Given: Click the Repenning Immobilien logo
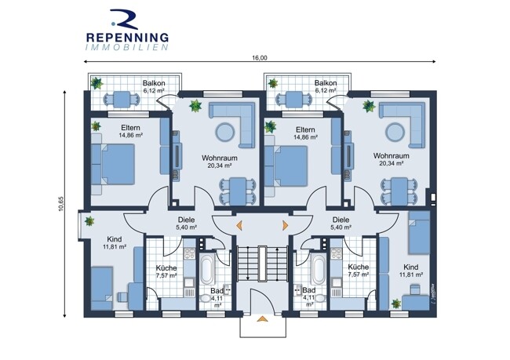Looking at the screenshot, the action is pyautogui.click(x=127, y=30).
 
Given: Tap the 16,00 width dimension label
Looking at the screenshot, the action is pyautogui.click(x=259, y=58).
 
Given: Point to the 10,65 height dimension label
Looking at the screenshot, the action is pyautogui.click(x=61, y=204).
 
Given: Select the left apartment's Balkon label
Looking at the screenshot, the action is pyautogui.click(x=154, y=83).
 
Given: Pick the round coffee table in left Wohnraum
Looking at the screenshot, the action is pyautogui.click(x=224, y=132).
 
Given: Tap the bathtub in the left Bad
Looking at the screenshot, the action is pyautogui.click(x=207, y=269).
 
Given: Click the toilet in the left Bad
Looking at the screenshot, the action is pyautogui.click(x=206, y=298).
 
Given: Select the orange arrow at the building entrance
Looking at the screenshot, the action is pyautogui.click(x=263, y=318).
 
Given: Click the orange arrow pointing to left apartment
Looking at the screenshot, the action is pyautogui.click(x=239, y=225).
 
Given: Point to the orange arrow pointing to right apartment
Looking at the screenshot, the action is pyautogui.click(x=286, y=225).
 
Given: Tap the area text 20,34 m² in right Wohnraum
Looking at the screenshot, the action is pyautogui.click(x=392, y=163).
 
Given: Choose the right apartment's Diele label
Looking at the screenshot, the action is pyautogui.click(x=341, y=220).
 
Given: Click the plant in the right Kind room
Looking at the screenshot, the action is pyautogui.click(x=395, y=304).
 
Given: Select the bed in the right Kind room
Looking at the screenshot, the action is pyautogui.click(x=419, y=232).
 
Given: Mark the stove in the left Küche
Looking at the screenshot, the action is pyautogui.click(x=189, y=253).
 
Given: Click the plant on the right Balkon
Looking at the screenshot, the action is pyautogui.click(x=272, y=83).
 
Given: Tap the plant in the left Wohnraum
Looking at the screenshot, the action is pyautogui.click(x=195, y=106).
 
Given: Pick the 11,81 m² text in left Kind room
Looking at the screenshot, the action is pyautogui.click(x=115, y=247).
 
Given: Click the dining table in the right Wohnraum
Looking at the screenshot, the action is pyautogui.click(x=399, y=191).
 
